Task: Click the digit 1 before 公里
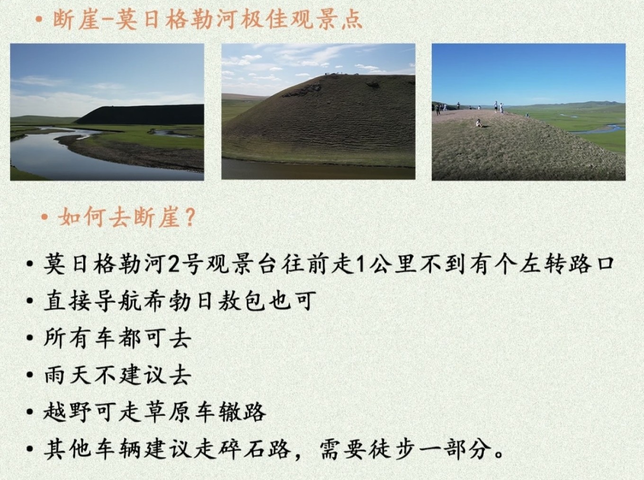[x=362, y=264]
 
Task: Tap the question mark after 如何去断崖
[x=189, y=218]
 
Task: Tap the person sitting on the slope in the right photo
[x=479, y=123]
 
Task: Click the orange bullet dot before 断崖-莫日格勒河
[x=39, y=20]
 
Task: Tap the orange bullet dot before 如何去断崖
[x=45, y=218]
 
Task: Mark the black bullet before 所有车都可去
[x=29, y=338]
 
